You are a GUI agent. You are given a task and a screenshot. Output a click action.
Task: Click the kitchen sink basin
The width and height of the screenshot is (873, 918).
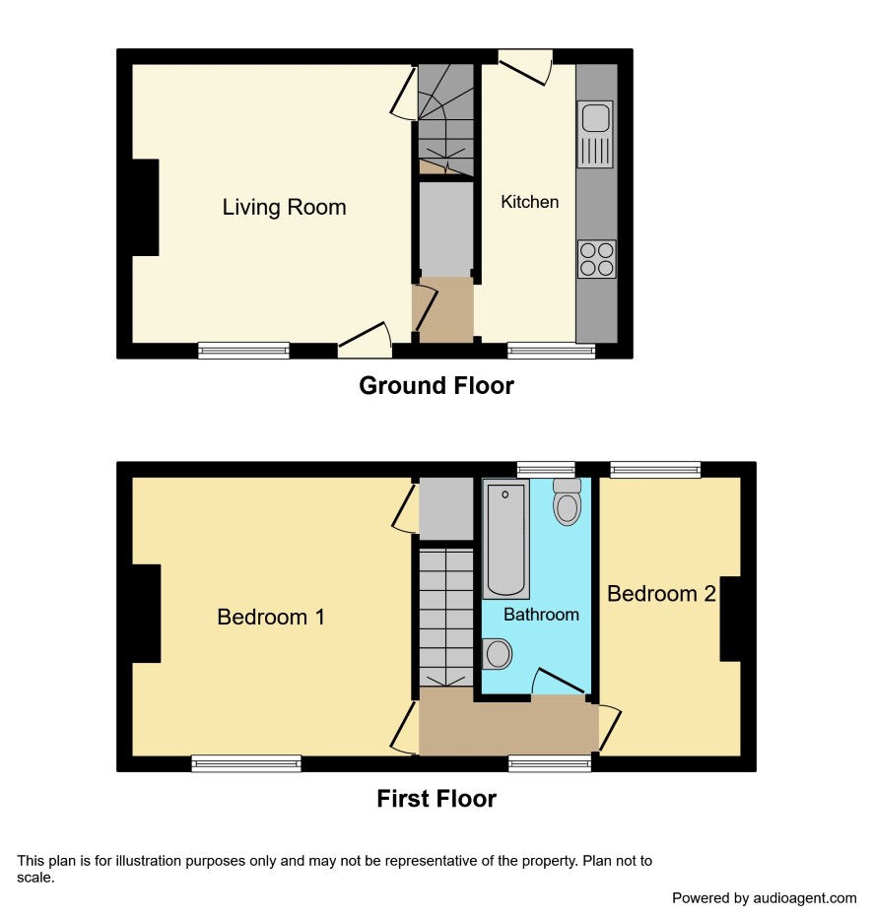click(595, 119)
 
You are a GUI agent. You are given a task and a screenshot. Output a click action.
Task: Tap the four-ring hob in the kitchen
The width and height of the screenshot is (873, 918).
click(597, 259)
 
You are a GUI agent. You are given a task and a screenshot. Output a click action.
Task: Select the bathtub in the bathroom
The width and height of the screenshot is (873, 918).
click(505, 539)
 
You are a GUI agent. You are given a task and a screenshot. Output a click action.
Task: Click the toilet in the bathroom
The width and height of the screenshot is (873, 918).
click(567, 501)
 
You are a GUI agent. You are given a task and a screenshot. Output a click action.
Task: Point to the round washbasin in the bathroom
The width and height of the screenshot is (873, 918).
click(498, 654)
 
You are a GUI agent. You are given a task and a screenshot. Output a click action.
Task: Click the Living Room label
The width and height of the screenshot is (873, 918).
click(284, 208)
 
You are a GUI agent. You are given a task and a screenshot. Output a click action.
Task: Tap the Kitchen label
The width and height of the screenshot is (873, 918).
click(529, 202)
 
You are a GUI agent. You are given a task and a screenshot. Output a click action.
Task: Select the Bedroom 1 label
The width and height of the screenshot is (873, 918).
click(271, 617)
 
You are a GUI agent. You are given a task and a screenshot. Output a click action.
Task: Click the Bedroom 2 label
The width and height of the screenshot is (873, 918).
click(661, 594)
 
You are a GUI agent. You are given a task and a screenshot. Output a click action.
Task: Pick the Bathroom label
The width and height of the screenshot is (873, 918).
click(541, 615)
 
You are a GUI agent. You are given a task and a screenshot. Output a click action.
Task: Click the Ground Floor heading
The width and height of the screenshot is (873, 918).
click(436, 386)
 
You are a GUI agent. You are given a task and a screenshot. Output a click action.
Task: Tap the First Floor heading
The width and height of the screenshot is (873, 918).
click(436, 799)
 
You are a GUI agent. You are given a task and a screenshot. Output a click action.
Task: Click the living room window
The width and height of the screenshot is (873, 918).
click(243, 350)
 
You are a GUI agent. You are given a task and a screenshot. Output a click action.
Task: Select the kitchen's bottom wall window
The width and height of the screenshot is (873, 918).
click(551, 350)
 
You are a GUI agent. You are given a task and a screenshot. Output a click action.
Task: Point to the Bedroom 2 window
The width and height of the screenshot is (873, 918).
click(655, 470)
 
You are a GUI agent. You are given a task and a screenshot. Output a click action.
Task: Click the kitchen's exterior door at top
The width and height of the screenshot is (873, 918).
click(525, 67)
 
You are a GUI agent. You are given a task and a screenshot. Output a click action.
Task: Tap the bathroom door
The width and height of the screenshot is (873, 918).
click(559, 682)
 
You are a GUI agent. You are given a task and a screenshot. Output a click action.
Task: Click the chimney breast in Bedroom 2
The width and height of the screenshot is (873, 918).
click(730, 619)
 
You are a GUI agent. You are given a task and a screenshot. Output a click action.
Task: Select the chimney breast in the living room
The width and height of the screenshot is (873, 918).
click(146, 207)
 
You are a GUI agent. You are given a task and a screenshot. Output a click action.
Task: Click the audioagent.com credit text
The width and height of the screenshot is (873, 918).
click(764, 898)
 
